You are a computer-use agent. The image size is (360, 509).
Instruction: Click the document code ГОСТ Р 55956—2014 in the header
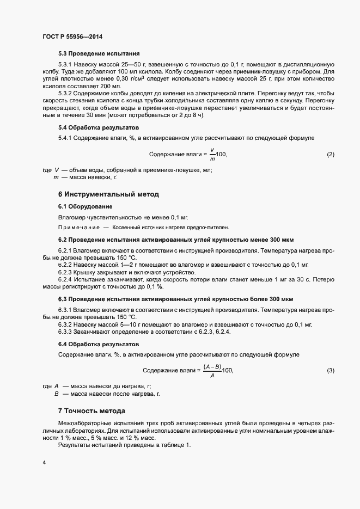click(x=72, y=37)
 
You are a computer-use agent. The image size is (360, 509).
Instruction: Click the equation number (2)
click(x=331, y=155)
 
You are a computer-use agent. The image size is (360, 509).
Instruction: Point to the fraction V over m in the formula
click(x=212, y=155)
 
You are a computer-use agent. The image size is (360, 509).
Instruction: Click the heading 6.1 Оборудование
click(x=85, y=206)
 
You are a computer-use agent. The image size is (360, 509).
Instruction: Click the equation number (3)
click(x=331, y=371)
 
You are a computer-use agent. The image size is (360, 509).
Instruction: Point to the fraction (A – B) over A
click(x=212, y=371)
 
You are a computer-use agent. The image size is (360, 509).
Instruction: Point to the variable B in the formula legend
click(x=56, y=393)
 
